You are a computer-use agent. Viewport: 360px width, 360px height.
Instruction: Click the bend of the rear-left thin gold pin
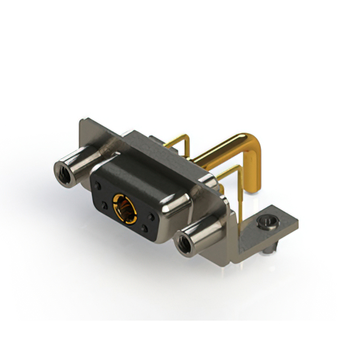tap(185, 137)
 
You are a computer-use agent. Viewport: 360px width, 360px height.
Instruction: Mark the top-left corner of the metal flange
tap(83, 121)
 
